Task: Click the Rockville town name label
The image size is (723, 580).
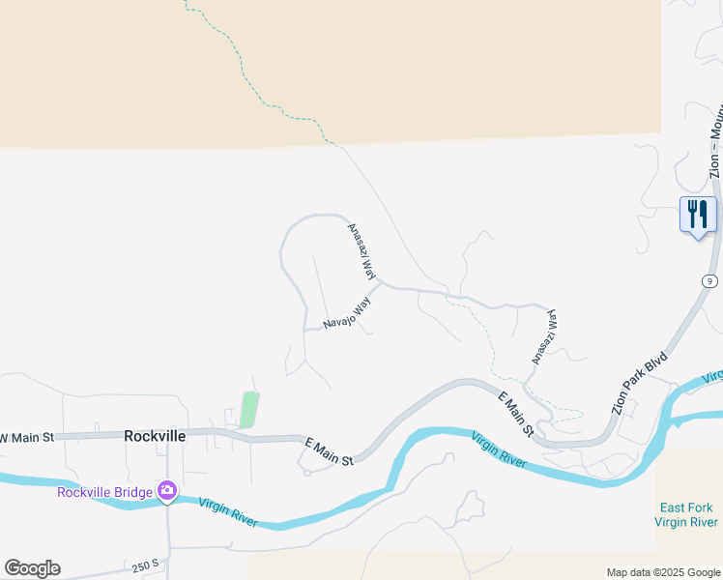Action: point(155,436)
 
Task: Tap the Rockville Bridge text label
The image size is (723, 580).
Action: point(104,492)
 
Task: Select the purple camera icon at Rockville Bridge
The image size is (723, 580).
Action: point(167,491)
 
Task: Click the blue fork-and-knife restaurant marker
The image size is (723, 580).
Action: point(697,215)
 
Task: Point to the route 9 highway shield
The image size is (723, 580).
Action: point(710,280)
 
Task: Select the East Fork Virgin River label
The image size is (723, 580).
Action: point(686,514)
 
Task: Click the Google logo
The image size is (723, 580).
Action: point(32,568)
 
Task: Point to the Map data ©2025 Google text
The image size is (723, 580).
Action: point(662,572)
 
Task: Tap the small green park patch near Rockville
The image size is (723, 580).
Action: point(249,410)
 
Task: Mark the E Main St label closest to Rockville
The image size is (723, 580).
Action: point(328,450)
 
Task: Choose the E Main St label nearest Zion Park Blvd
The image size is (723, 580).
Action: point(516,413)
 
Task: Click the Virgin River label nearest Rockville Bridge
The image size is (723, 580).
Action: point(228,512)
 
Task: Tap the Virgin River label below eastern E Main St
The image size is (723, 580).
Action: point(499,450)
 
